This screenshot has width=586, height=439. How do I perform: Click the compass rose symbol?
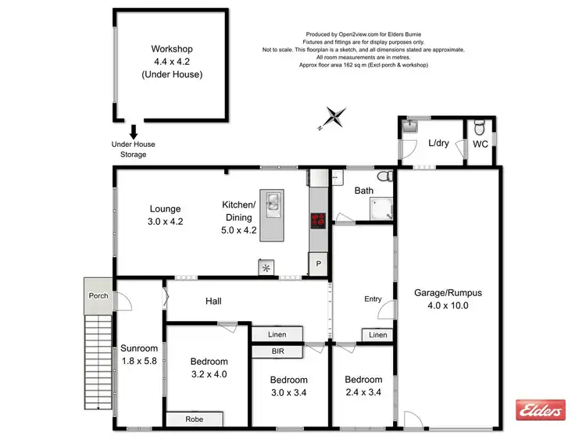coord(335,117)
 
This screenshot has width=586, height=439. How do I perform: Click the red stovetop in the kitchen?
coord(318,220)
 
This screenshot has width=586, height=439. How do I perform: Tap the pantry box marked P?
coord(318,265)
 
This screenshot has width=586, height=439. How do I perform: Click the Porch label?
coord(98,295)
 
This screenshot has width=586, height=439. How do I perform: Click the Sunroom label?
coord(139,348)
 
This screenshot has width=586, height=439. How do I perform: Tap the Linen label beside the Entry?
coord(377,335)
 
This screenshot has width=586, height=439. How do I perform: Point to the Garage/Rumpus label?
coord(448,293)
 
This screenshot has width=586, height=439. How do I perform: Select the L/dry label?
coord(438,143)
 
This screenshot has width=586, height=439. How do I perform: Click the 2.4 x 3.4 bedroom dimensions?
coord(363,391)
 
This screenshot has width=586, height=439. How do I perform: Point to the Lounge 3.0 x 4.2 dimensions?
coord(165,221)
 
